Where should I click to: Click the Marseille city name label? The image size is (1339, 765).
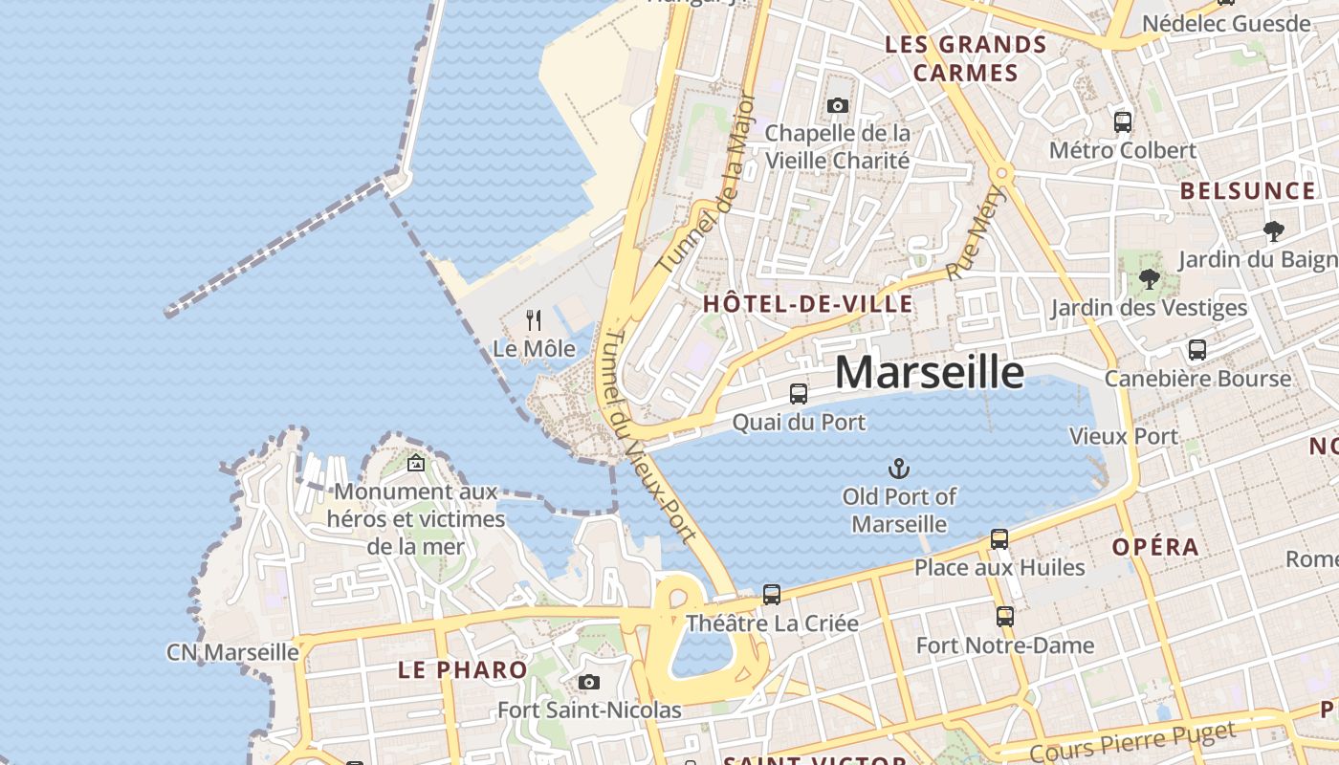click(930, 372)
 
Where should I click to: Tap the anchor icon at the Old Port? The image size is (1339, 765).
click(898, 469)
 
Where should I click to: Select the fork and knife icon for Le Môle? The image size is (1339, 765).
click(534, 319)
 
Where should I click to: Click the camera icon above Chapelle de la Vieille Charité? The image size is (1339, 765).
click(838, 105)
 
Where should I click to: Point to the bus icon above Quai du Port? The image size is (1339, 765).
click(798, 393)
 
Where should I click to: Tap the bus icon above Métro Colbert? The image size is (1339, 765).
click(1123, 122)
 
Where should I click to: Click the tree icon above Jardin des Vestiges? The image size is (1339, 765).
click(1150, 279)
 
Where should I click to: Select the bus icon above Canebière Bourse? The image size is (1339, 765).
click(1196, 350)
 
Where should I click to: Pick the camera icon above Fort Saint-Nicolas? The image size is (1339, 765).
click(589, 682)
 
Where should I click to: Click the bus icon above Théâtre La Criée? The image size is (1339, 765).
click(772, 595)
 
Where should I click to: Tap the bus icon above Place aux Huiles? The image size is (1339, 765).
click(999, 539)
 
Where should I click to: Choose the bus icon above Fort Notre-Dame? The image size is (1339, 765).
click(1004, 617)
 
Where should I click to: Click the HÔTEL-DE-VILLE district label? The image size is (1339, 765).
click(807, 305)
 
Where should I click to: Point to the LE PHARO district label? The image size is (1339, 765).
click(462, 669)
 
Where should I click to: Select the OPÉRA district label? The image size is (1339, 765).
click(1155, 547)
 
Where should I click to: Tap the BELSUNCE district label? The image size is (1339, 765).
click(1247, 190)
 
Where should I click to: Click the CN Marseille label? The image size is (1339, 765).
click(232, 652)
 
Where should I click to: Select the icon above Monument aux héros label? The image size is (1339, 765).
click(416, 463)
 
